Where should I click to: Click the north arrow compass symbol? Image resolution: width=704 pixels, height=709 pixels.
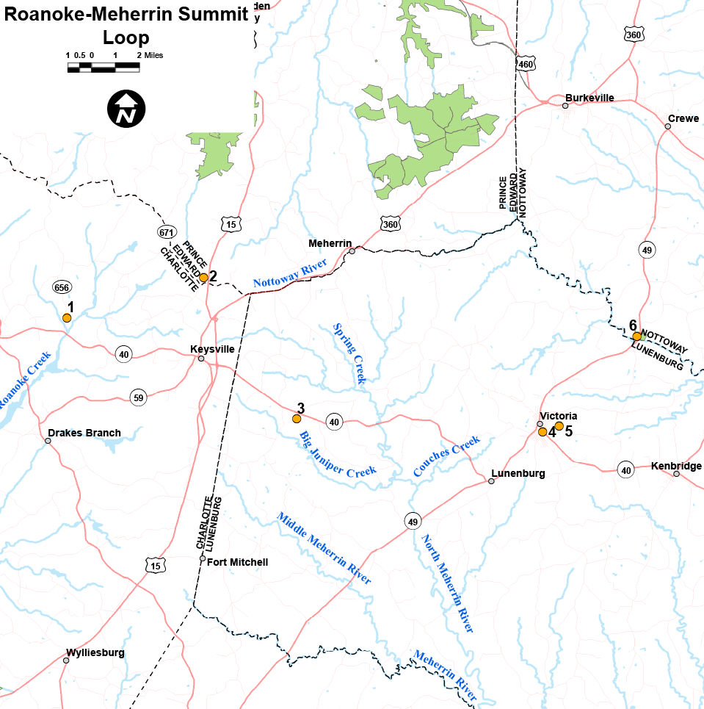pos(126,109)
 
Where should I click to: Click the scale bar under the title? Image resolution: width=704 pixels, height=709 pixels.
pos(104,68)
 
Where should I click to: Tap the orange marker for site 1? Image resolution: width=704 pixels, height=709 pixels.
pos(67,318)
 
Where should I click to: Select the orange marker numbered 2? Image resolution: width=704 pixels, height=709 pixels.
pos(204,277)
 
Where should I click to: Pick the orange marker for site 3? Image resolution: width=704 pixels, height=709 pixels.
pos(297,419)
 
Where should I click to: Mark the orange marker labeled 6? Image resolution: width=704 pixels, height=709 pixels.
pos(636,336)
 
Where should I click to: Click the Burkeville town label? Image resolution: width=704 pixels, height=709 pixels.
pos(589,98)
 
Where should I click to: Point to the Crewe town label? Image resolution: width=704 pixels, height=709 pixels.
pos(683,118)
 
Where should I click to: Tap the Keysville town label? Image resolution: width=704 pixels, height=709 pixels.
pos(212,349)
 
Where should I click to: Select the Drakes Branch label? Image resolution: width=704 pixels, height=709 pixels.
pos(84,433)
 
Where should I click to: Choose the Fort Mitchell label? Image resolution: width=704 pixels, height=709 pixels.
pos(238,562)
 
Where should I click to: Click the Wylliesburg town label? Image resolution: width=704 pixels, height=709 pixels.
pos(95,652)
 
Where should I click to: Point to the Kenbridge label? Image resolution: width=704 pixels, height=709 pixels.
pos(676,466)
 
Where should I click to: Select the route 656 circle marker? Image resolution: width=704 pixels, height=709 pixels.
pos(61,287)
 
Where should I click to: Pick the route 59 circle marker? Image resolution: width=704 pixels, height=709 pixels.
pos(138,397)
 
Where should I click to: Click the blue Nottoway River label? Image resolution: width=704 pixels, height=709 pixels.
pos(289,273)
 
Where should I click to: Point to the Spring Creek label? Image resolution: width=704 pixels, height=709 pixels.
pos(349,354)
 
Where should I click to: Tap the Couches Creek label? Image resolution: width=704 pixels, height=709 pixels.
pos(446,456)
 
